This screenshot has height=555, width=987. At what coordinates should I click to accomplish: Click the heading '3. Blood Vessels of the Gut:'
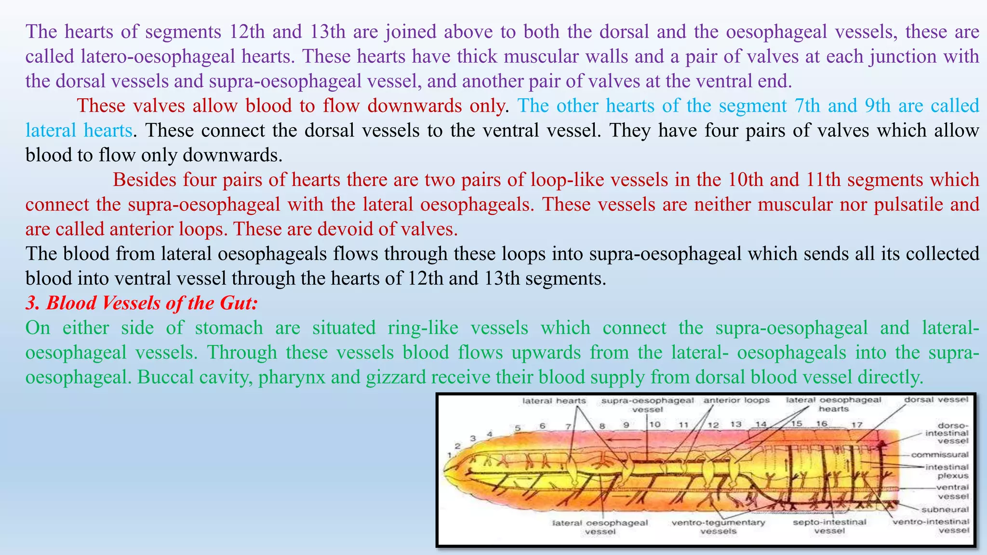(x=142, y=303)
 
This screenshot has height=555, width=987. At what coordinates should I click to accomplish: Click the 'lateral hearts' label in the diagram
(x=554, y=401)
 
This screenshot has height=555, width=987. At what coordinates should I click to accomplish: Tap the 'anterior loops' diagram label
(x=736, y=400)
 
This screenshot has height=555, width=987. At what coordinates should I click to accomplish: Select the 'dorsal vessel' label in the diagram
(x=936, y=400)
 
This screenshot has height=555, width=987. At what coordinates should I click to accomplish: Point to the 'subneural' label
(x=945, y=510)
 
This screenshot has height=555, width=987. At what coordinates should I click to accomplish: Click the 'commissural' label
(x=940, y=454)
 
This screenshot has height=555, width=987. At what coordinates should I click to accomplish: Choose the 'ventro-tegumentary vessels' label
(x=718, y=527)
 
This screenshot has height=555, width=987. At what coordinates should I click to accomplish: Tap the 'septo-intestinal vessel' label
(x=829, y=526)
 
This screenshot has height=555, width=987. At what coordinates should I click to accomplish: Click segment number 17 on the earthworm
(x=856, y=425)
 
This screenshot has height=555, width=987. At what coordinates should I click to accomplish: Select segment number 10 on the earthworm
(x=654, y=424)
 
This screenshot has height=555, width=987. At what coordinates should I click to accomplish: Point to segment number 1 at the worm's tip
(x=449, y=454)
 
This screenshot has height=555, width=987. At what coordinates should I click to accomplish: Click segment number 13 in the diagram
(x=735, y=424)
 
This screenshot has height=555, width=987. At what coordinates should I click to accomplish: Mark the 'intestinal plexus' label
(x=947, y=471)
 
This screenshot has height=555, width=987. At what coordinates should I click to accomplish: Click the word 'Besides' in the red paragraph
(x=145, y=180)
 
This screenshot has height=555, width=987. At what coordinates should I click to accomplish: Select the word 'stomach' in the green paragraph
(x=229, y=328)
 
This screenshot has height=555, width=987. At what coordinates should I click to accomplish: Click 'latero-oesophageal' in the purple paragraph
(x=158, y=56)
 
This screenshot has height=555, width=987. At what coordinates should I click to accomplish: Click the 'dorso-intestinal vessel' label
(x=947, y=433)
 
